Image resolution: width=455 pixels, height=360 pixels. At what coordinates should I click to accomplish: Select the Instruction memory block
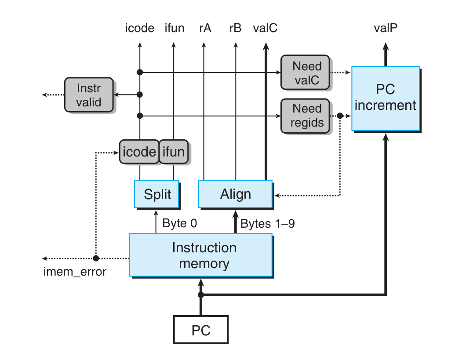pyautogui.click(x=201, y=255)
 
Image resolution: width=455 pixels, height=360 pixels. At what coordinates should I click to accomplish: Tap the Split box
pyautogui.click(x=157, y=194)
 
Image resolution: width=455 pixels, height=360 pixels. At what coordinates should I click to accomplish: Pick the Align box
pyautogui.click(x=235, y=194)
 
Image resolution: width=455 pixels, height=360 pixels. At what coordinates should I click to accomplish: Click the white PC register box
pyautogui.click(x=201, y=330)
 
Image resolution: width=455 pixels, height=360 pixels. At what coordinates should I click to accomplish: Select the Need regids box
pyautogui.click(x=307, y=116)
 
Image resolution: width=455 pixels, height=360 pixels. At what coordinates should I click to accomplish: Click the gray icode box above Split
pyautogui.click(x=138, y=152)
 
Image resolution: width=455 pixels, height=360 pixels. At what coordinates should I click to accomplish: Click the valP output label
pyautogui.click(x=386, y=29)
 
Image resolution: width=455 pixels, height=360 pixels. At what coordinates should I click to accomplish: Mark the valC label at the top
pyautogui.click(x=265, y=29)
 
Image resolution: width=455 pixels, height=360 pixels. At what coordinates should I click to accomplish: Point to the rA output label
pyautogui.click(x=204, y=29)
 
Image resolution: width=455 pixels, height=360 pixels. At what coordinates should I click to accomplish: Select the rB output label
pyautogui.click(x=235, y=29)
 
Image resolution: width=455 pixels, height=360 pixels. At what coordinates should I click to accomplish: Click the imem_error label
pyautogui.click(x=75, y=272)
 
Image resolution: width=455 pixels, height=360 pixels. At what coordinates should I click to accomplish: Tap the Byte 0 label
pyautogui.click(x=179, y=223)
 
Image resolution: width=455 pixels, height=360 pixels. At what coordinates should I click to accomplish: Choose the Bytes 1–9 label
pyautogui.click(x=267, y=223)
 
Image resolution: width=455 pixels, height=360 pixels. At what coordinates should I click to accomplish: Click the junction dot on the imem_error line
pyautogui.click(x=95, y=258)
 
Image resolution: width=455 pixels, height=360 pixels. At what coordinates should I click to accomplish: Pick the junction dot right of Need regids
pyautogui.click(x=339, y=116)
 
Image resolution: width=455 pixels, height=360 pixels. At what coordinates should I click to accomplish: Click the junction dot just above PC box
pyautogui.click(x=201, y=295)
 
